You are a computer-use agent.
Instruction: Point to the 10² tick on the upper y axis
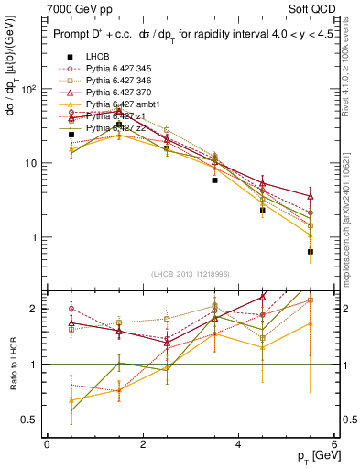pos(28,90)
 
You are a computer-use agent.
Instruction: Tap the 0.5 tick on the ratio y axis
pos(29,420)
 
